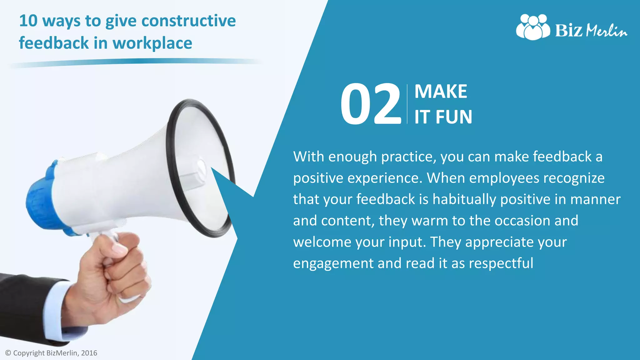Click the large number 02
(x=371, y=104)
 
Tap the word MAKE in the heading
(x=441, y=92)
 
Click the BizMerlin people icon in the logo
(x=533, y=27)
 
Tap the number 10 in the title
(x=28, y=21)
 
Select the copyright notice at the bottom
(x=52, y=353)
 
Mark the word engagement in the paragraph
(x=333, y=264)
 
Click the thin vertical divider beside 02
(x=407, y=104)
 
